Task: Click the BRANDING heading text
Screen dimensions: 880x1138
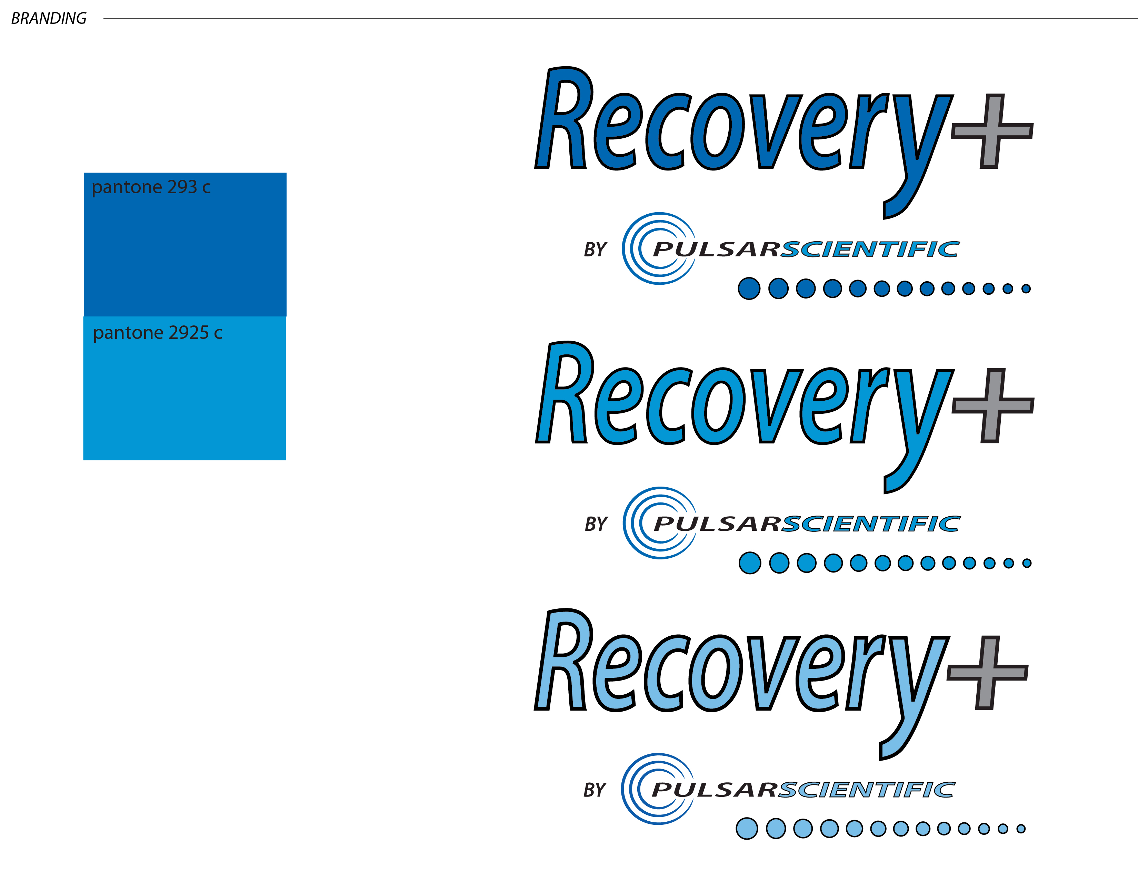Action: (49, 19)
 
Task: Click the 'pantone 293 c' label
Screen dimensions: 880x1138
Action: (151, 187)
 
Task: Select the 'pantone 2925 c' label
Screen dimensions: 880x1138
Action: (157, 333)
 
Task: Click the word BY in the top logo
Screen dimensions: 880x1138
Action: (595, 250)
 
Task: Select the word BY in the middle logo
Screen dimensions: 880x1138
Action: (596, 524)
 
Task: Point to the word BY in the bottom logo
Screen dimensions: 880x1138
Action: (595, 790)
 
